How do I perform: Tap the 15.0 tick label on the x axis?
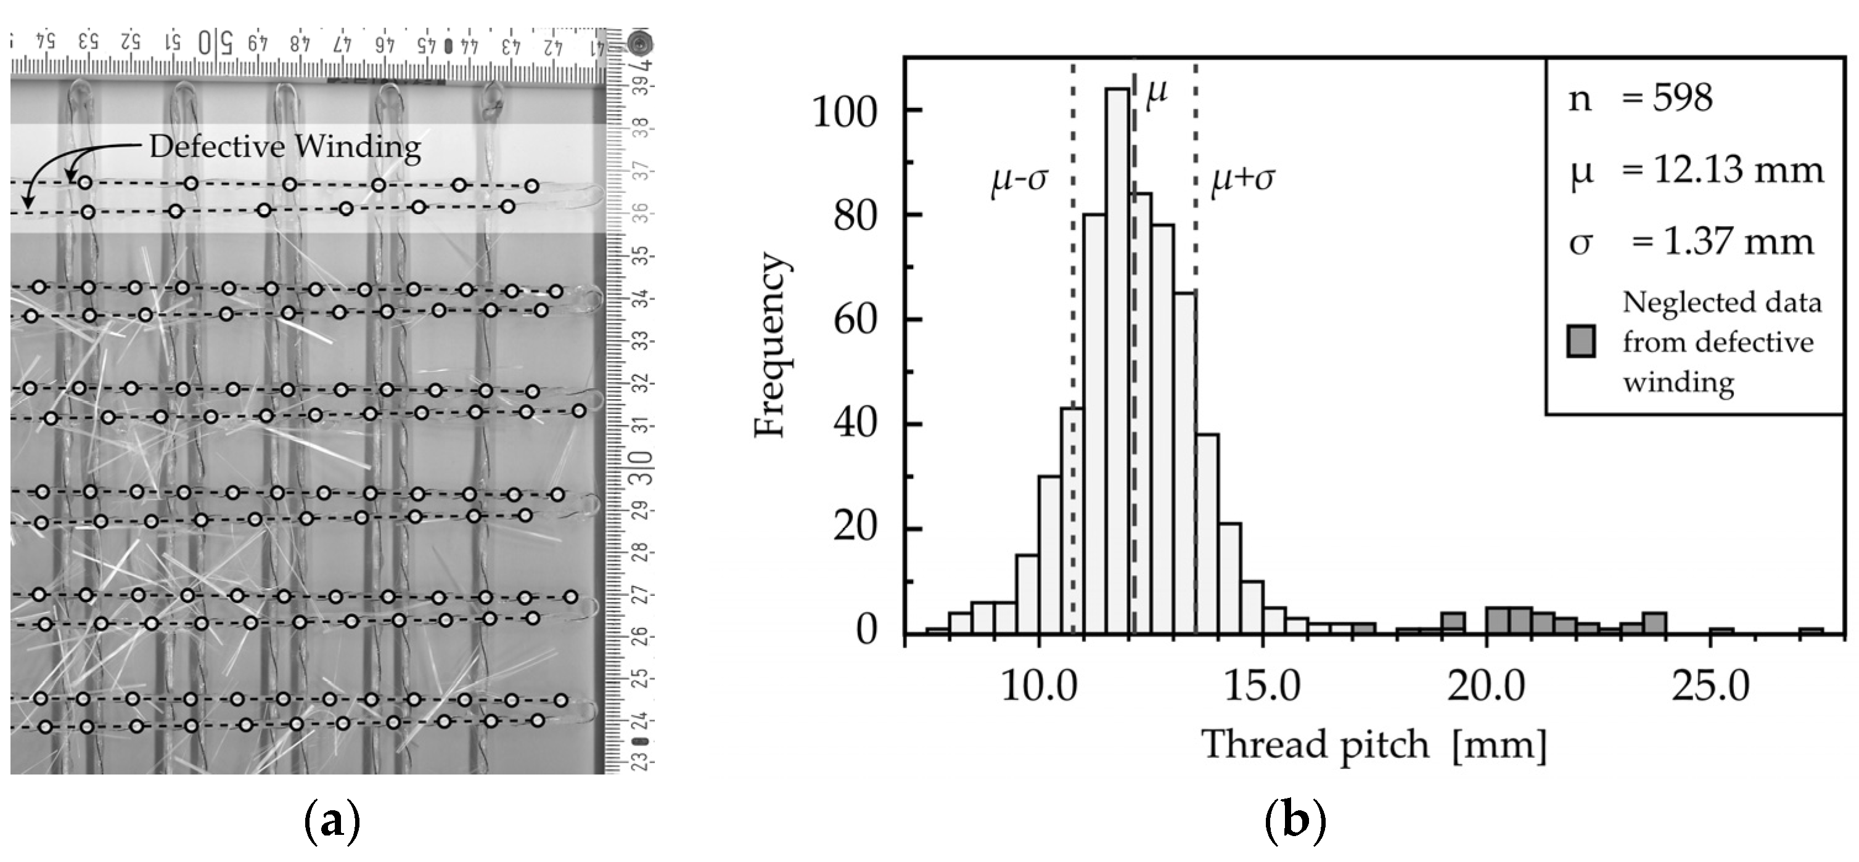click(1262, 685)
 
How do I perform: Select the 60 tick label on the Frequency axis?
click(855, 320)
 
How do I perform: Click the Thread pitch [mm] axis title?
click(1373, 745)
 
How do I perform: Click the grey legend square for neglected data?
click(1580, 341)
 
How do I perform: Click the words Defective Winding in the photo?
click(285, 147)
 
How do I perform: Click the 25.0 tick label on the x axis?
click(1710, 685)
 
